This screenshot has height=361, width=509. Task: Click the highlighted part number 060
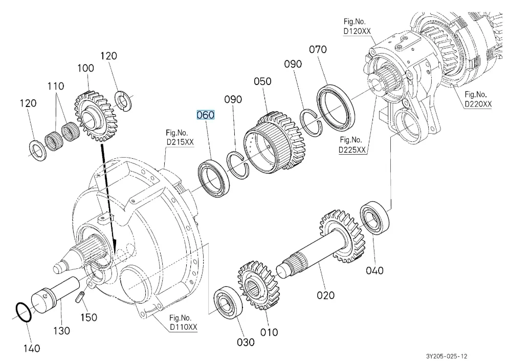point(205,115)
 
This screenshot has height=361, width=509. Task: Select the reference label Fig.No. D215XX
point(176,138)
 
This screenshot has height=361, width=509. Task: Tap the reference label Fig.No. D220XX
point(478,99)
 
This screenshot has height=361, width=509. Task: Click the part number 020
point(325,295)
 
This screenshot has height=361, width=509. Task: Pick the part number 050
point(262,81)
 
